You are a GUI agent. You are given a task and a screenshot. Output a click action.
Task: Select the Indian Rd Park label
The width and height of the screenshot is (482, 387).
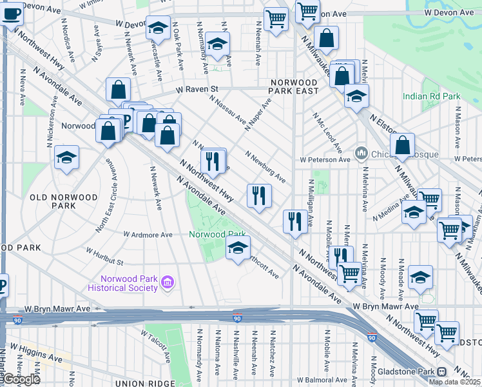tap(431, 96)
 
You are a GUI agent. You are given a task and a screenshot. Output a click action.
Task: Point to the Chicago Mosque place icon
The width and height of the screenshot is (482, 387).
tap(360, 154)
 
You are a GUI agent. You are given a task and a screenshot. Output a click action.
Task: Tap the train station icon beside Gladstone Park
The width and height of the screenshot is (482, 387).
tap(441, 372)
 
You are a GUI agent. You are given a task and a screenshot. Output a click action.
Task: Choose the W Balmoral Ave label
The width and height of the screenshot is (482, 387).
tap(342, 380)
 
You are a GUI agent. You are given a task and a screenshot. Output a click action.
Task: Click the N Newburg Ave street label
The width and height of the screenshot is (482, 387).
tap(265, 166)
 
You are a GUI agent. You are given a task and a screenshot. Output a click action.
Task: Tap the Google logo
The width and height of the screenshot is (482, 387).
tap(21, 379)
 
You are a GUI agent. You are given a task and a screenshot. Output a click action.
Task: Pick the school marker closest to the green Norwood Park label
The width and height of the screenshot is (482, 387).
tap(238, 247)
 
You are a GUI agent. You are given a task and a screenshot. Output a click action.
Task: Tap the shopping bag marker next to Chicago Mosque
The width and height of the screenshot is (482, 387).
tap(402, 145)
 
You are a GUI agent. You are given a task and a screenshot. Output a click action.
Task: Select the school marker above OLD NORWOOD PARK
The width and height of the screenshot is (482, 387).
tap(66, 157)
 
